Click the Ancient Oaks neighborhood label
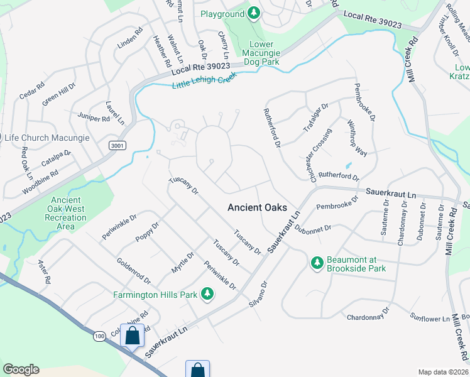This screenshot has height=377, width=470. (x=257, y=207)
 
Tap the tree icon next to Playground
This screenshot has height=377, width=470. (x=253, y=13)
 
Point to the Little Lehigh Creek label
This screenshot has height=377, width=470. (x=202, y=80)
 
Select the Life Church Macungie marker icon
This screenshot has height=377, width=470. (x=0, y=138)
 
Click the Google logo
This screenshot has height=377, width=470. (x=21, y=369)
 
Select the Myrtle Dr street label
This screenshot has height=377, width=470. (x=183, y=262)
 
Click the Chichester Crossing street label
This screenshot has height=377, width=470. (x=320, y=155)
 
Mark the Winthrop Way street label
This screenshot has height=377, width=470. (x=358, y=138)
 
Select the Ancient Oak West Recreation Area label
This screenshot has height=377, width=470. (x=66, y=213)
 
